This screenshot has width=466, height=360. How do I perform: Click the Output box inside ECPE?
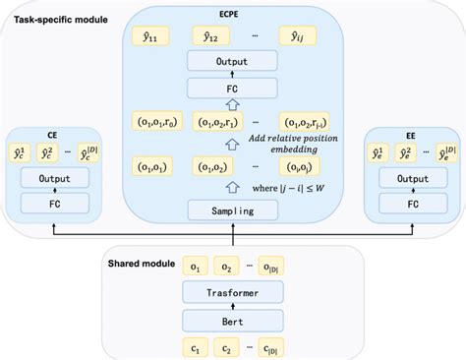click(232, 61)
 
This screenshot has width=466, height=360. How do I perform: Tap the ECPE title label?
click(232, 14)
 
